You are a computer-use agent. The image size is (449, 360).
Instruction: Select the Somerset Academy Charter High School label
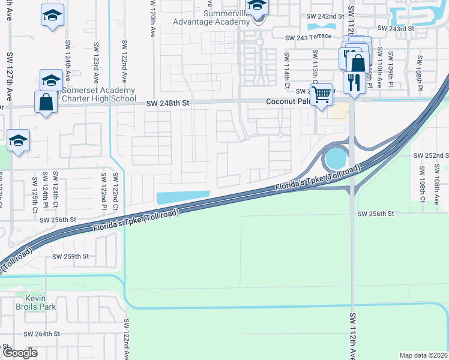[100, 95]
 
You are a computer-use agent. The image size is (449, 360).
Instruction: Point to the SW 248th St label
[167, 103]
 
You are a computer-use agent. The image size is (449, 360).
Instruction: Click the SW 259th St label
[70, 256]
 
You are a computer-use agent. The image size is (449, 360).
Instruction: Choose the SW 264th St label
[41, 334]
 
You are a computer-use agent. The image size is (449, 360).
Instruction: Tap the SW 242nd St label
[325, 17]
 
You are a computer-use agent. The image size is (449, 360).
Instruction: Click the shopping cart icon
[322, 94]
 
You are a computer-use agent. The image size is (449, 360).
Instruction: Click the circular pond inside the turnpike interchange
[336, 159]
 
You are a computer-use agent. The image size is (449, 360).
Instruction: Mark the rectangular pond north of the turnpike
[182, 197]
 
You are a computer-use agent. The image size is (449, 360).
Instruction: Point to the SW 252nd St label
[431, 155]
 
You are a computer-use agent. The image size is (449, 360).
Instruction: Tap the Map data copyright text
[423, 355]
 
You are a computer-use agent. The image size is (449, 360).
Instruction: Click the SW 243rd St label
[396, 28]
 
